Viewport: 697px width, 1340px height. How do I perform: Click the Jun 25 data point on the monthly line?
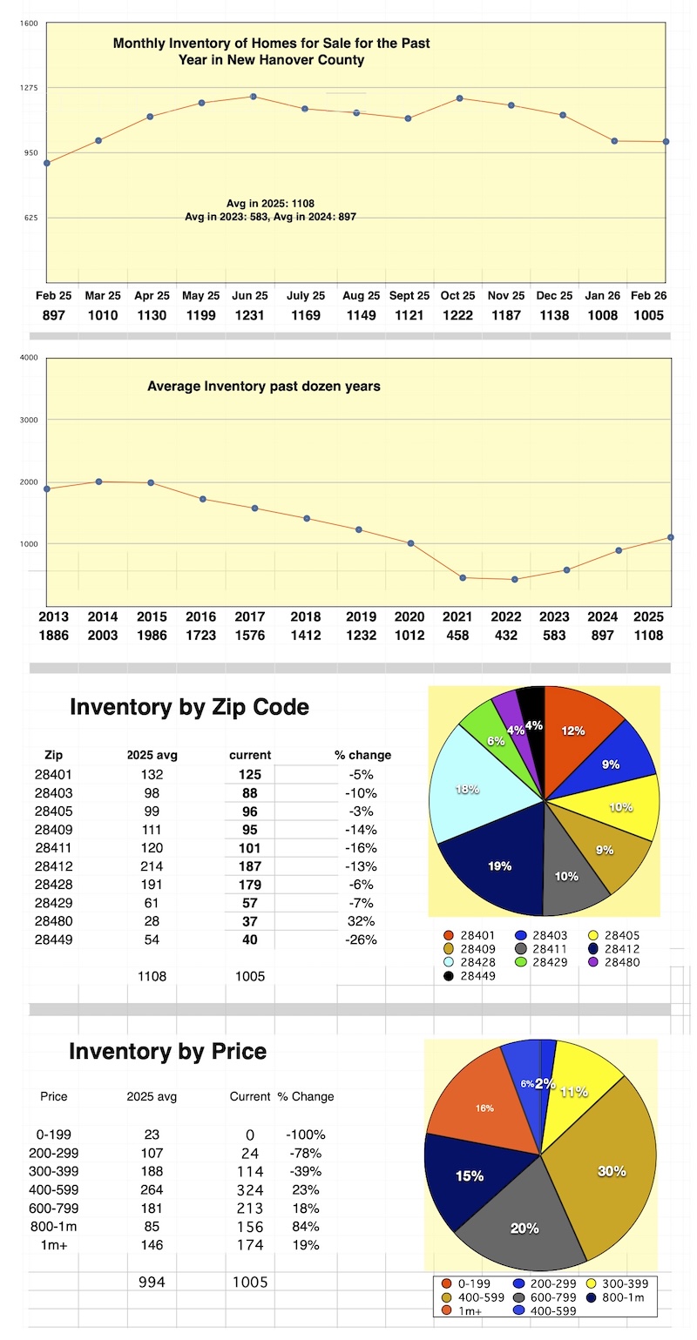[x=254, y=97]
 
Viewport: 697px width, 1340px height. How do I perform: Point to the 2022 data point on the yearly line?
[x=515, y=579]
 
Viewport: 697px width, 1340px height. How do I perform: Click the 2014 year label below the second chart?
[x=103, y=616]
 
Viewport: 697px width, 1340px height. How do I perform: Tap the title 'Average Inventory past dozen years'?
[x=263, y=385]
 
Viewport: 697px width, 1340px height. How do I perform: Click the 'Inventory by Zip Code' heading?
[x=189, y=707]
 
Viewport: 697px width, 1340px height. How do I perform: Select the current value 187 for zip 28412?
[x=249, y=866]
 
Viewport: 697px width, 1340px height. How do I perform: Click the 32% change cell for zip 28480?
[x=361, y=921]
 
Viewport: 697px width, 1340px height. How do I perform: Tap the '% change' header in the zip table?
[x=362, y=755]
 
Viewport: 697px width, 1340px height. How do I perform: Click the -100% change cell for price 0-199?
[x=305, y=1135]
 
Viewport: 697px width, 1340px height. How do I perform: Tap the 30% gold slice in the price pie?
[x=610, y=1171]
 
